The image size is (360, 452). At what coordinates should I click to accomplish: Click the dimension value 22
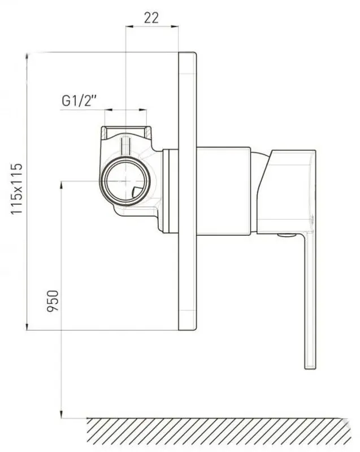click(x=151, y=17)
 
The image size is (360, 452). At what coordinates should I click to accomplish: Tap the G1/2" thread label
click(x=80, y=101)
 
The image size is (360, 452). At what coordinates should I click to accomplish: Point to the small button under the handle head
click(x=287, y=234)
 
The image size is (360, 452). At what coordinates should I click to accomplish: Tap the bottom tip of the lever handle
click(x=310, y=366)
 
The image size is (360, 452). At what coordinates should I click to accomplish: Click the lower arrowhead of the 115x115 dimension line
click(x=27, y=328)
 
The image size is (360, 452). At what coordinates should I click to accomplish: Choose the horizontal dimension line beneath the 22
click(x=151, y=26)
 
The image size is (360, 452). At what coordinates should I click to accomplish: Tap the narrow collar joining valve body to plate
click(x=169, y=191)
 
